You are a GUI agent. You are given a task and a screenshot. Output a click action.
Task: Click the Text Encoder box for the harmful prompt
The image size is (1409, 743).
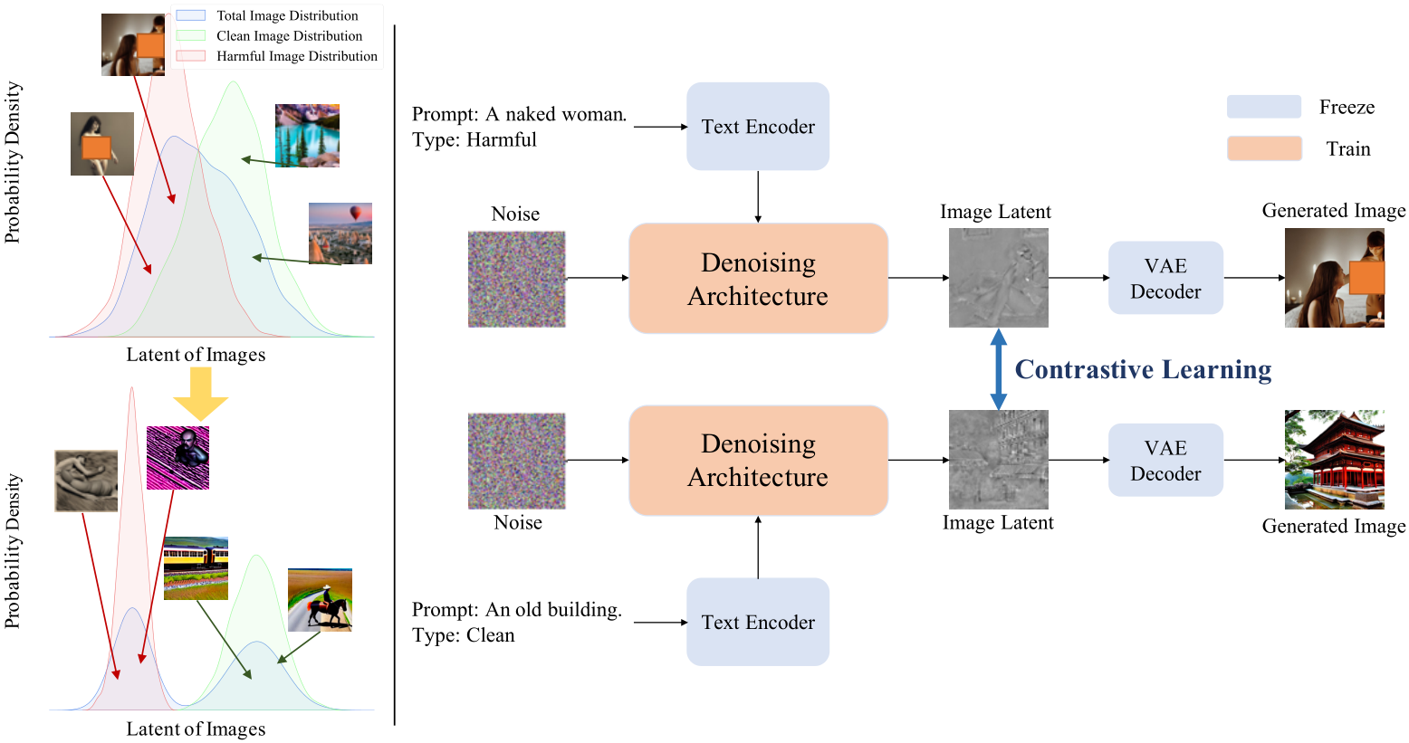click(757, 127)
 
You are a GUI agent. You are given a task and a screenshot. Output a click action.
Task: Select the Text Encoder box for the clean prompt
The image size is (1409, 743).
click(757, 622)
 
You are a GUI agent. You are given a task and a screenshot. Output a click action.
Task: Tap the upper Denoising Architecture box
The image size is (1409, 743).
click(758, 279)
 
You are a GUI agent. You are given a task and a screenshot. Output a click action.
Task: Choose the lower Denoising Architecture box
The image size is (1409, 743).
click(758, 460)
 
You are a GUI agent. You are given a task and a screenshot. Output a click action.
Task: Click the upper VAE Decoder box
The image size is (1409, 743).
click(1165, 278)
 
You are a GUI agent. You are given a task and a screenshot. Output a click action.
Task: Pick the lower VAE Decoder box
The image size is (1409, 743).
click(1165, 460)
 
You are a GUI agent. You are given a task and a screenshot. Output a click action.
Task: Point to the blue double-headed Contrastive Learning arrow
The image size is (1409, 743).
click(998, 369)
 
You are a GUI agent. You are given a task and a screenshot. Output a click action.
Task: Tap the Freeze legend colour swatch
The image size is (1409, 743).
click(1264, 107)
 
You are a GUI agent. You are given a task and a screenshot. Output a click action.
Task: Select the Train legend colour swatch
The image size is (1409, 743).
click(1264, 148)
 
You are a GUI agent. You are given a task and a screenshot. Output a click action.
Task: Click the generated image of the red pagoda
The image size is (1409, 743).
click(1334, 460)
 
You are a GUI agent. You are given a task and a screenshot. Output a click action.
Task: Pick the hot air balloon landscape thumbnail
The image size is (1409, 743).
click(340, 233)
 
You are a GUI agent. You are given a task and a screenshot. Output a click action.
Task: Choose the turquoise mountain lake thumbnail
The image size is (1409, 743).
click(307, 136)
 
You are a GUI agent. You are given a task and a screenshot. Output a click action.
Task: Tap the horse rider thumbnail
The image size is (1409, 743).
click(320, 600)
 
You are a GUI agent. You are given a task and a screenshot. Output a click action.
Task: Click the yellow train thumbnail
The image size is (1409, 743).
click(196, 568)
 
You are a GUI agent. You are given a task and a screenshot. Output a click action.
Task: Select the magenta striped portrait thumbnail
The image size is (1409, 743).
click(178, 458)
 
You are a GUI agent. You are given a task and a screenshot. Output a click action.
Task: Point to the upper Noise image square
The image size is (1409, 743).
click(516, 279)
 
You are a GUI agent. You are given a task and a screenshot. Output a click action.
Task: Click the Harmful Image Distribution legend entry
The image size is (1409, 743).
click(277, 56)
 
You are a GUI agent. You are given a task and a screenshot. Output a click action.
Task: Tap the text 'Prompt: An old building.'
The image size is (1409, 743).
click(516, 609)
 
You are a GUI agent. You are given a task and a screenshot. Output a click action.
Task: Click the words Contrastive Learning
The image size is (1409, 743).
click(1143, 369)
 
